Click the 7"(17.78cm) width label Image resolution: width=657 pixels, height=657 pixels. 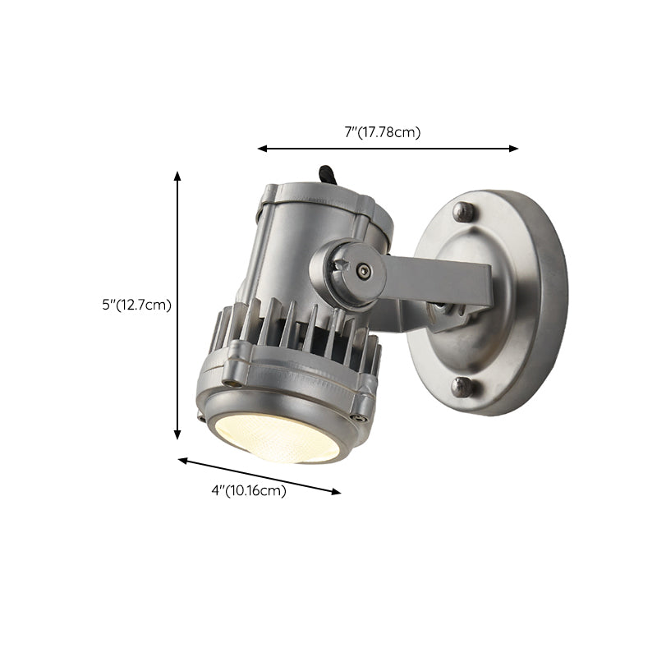(x=382, y=132)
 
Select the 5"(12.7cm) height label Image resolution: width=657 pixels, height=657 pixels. (x=136, y=305)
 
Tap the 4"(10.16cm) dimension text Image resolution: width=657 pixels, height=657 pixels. (x=249, y=491)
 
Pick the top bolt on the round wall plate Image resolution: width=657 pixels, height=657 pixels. (x=465, y=212)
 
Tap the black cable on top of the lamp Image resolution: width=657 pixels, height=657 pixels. (x=324, y=175)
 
